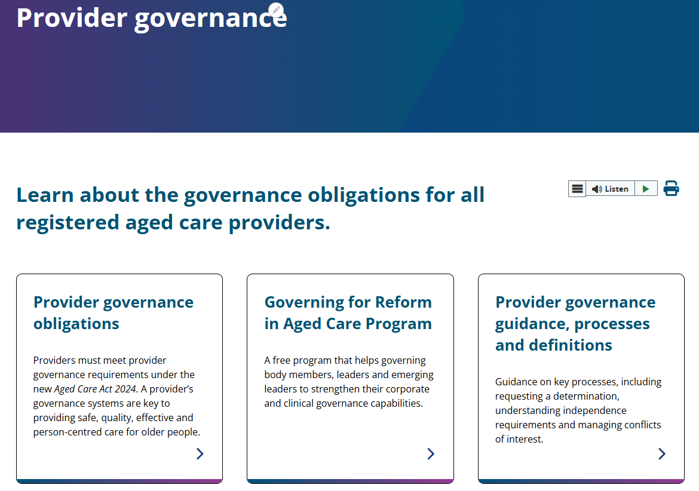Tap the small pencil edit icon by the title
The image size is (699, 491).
click(x=275, y=10)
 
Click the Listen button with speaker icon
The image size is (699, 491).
click(x=610, y=189)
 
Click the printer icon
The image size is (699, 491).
click(x=672, y=189)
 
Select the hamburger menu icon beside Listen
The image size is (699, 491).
click(x=577, y=189)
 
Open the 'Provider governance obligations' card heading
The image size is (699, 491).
click(x=113, y=312)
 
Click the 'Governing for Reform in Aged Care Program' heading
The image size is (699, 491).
click(x=348, y=312)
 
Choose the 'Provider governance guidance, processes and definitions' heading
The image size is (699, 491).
click(x=575, y=323)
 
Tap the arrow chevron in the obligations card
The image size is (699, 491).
click(x=200, y=454)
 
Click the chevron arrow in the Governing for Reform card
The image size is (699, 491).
click(x=431, y=454)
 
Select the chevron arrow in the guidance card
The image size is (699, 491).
click(x=662, y=454)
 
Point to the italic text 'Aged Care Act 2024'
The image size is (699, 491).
click(x=96, y=389)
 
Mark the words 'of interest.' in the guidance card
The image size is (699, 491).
click(x=519, y=439)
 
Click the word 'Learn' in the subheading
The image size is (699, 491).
click(x=45, y=195)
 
